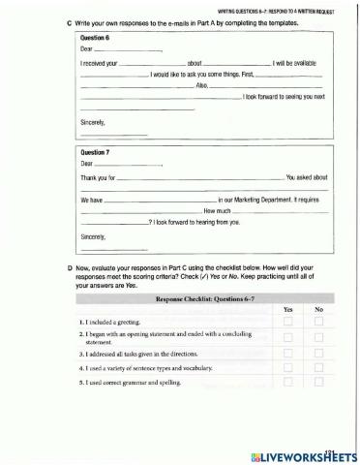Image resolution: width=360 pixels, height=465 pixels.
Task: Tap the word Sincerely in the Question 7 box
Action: tap(94, 236)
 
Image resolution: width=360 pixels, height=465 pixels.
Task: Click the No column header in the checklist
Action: tap(318, 309)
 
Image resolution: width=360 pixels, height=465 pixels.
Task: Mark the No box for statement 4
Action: tap(319, 368)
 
